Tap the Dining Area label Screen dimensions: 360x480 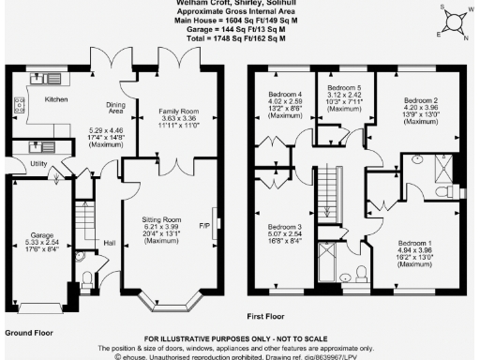[116, 110]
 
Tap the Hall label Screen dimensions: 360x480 [109, 242]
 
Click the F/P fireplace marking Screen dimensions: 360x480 [206, 224]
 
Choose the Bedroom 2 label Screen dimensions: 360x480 [422, 100]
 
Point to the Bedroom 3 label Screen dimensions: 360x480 [284, 228]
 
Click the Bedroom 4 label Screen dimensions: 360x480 [286, 96]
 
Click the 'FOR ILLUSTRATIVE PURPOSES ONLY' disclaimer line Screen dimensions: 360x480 [240, 338]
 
